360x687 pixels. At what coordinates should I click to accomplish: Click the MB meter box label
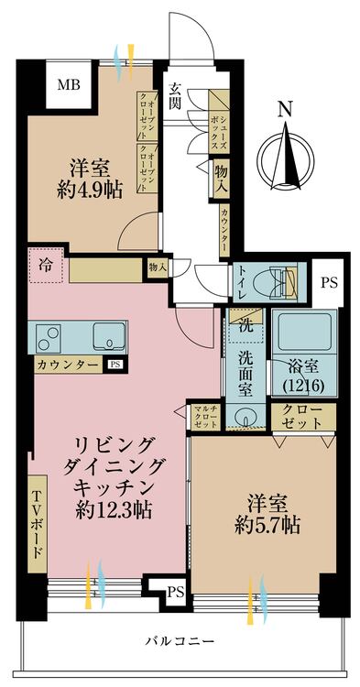coord(70,86)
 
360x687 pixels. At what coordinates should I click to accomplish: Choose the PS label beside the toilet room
coord(328,282)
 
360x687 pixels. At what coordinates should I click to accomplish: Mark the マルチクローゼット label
coord(204,418)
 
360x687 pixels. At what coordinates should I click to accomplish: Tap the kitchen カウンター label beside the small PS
coord(67,365)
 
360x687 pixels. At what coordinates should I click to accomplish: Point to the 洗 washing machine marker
coord(245,322)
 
